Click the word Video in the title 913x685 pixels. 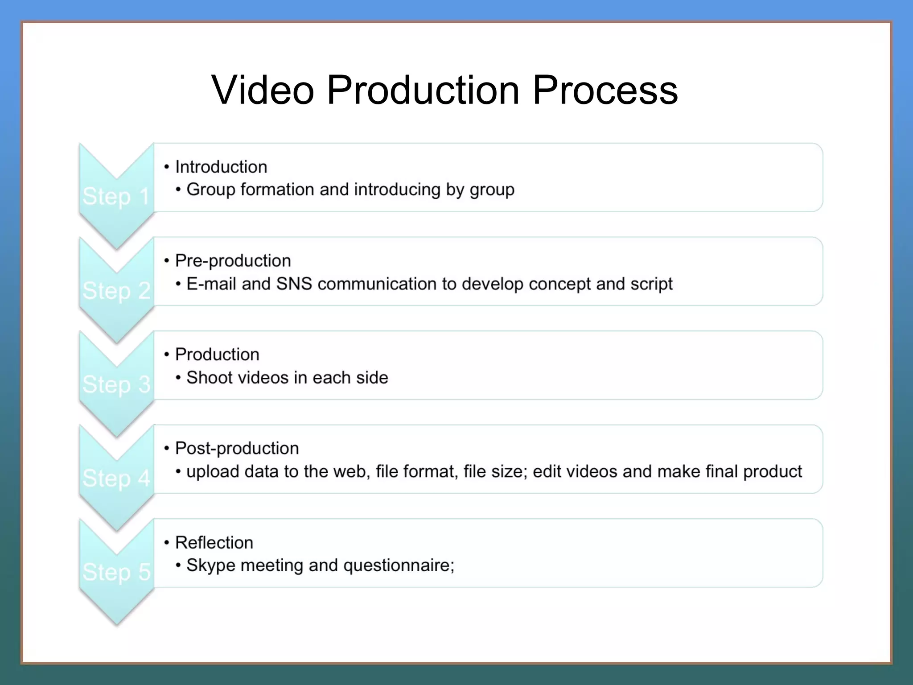click(263, 90)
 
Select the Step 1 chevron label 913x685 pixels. click(116, 197)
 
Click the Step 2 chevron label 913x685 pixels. click(116, 291)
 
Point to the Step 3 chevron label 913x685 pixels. click(116, 384)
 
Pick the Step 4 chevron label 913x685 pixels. click(116, 479)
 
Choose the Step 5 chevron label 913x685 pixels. click(116, 572)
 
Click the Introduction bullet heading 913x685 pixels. click(221, 167)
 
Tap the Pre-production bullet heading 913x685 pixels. click(233, 260)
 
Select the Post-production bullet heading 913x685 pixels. click(237, 448)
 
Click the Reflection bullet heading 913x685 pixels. click(214, 542)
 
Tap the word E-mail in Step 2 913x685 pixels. click(211, 284)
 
